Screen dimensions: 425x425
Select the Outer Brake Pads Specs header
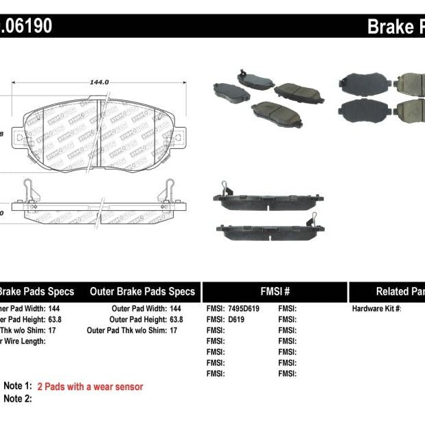[143, 291]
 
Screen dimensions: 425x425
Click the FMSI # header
[274, 291]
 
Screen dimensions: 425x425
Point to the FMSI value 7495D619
[244, 309]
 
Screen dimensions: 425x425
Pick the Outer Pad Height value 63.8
[172, 319]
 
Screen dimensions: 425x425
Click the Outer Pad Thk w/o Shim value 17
[173, 330]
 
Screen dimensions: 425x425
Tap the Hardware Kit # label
[376, 309]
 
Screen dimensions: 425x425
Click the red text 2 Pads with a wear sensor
[90, 387]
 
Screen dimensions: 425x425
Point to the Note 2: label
[18, 398]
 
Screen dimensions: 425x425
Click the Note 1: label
[18, 387]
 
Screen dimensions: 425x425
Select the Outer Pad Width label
[137, 309]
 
